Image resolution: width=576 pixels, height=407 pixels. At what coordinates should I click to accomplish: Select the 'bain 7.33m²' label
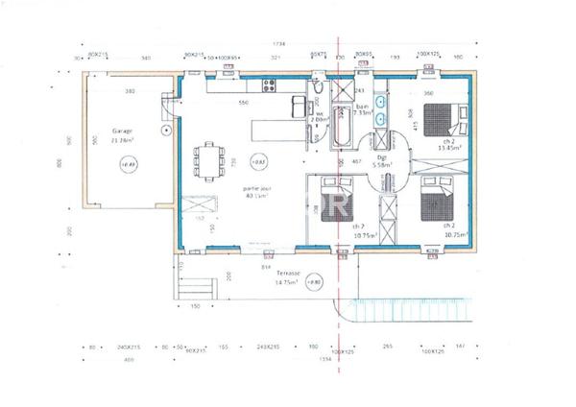click(362, 108)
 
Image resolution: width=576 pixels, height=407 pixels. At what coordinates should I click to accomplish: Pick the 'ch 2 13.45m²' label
click(449, 145)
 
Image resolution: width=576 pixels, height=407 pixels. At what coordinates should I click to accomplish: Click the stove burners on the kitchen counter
click(271, 90)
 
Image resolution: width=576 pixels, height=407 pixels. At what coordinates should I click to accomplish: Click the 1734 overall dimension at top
click(279, 44)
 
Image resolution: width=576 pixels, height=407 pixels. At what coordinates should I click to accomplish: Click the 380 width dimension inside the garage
click(128, 91)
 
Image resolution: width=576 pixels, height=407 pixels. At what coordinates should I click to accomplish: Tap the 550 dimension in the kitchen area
click(217, 102)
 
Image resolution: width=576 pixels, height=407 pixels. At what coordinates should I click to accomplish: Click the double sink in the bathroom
click(381, 108)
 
